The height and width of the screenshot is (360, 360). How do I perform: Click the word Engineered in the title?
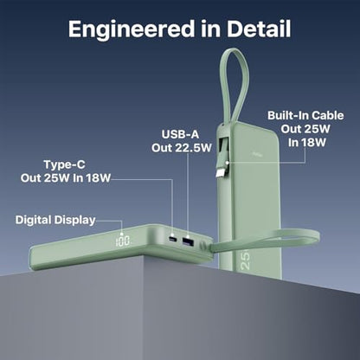(x=132, y=29)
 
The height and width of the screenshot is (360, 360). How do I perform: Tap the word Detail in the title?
(x=259, y=29)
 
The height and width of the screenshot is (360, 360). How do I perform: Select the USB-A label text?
(x=180, y=134)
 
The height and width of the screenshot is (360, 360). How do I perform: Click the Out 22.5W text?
(x=182, y=148)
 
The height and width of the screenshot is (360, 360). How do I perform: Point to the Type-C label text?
(x=64, y=164)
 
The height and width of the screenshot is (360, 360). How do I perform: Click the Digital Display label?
(x=55, y=220)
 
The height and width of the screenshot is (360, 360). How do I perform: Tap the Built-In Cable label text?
(x=305, y=115)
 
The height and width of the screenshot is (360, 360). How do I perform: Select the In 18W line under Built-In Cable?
(x=307, y=142)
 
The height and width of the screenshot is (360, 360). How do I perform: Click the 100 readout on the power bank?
(x=123, y=241)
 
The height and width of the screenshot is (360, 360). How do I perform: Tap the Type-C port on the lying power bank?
(x=173, y=239)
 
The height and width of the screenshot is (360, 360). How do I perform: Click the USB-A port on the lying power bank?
(x=188, y=241)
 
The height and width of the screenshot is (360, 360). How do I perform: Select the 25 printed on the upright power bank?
(x=245, y=260)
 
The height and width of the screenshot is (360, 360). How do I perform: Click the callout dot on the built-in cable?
(x=228, y=163)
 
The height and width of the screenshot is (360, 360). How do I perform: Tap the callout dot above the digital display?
(x=122, y=235)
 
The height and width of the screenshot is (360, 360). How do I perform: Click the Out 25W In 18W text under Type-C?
(x=66, y=178)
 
